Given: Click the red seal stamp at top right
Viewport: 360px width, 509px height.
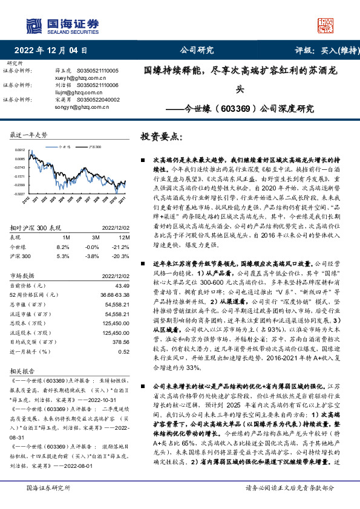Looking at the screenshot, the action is [x=326, y=25].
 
